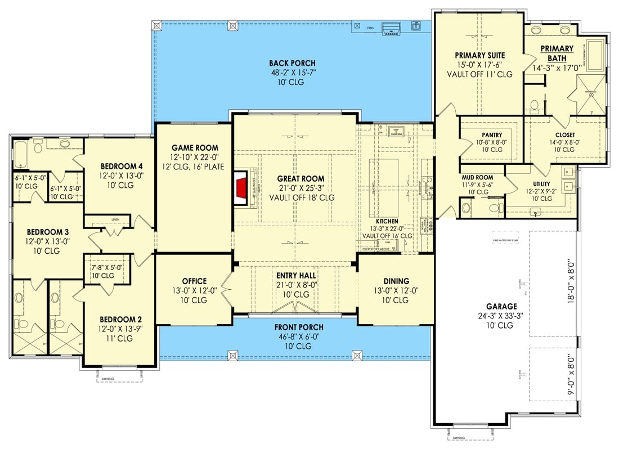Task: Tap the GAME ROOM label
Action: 195,148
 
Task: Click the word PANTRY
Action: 492,135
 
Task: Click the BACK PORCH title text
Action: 292,64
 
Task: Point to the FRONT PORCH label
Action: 299,327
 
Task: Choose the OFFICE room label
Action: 194,281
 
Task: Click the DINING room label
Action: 396,281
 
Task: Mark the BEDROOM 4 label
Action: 122,167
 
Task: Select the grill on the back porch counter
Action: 389,27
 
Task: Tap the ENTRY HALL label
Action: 295,276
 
